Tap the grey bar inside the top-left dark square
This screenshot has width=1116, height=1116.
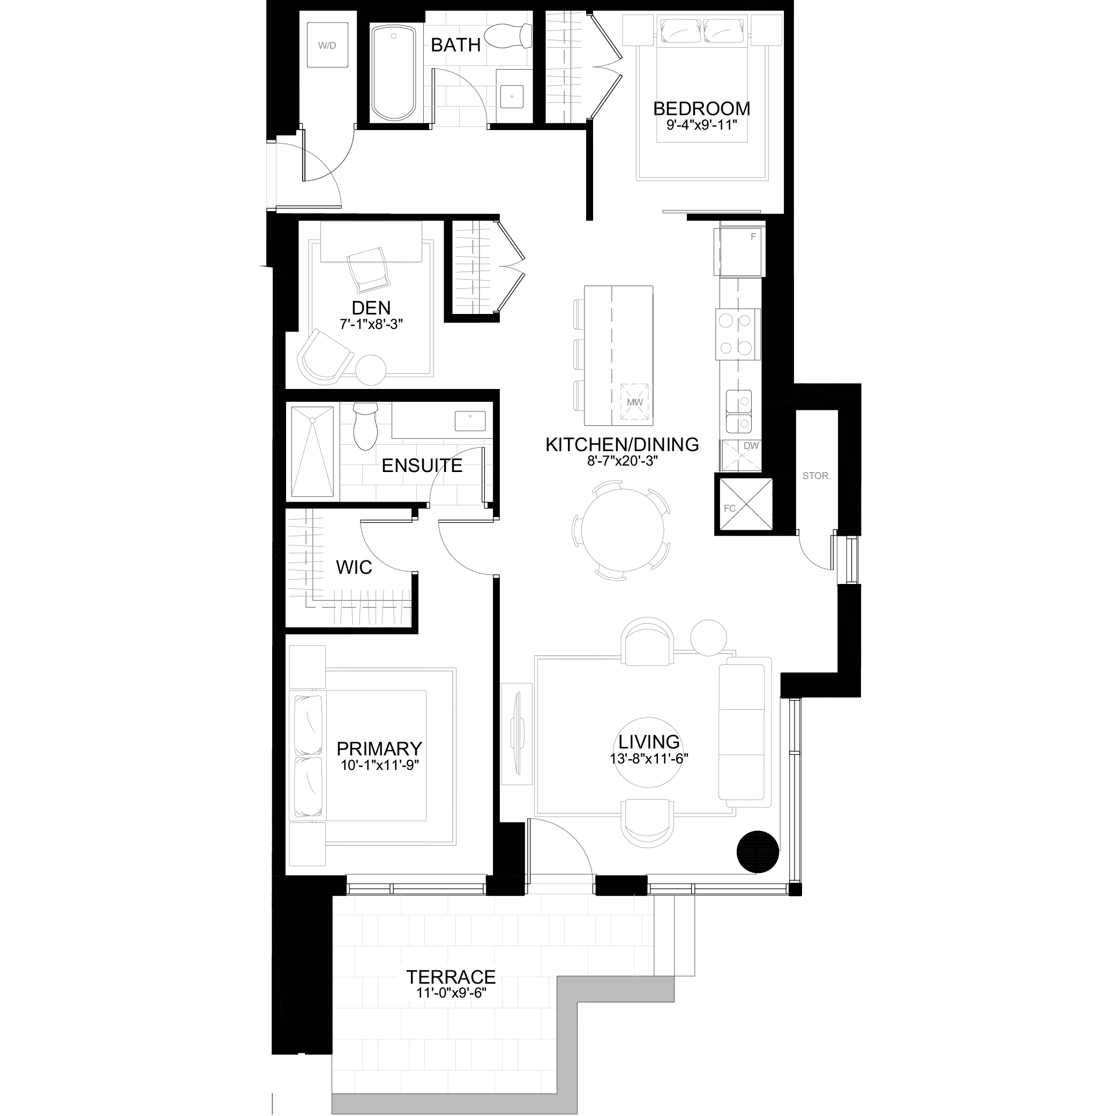321,47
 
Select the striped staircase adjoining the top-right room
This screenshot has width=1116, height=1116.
563,66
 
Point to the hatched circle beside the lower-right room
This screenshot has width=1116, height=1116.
759,849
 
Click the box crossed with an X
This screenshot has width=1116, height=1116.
741,455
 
